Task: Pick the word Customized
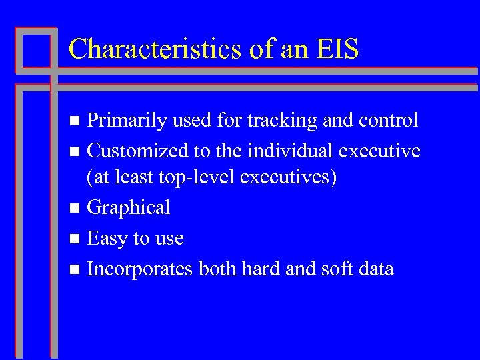(x=138, y=151)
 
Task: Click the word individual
(x=291, y=151)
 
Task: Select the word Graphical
(x=129, y=208)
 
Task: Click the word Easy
(x=109, y=238)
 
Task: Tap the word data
(x=378, y=269)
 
